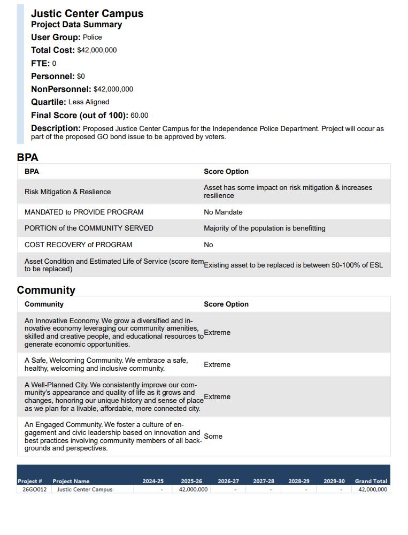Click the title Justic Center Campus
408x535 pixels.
pyautogui.click(x=87, y=13)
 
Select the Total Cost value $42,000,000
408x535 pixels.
pyautogui.click(x=97, y=50)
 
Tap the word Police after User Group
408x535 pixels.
pyautogui.click(x=92, y=37)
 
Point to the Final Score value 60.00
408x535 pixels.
pyautogui.click(x=139, y=116)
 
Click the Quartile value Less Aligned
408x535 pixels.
pyautogui.click(x=89, y=102)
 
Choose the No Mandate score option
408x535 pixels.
pyautogui.click(x=223, y=212)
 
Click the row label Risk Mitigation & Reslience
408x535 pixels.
pyautogui.click(x=67, y=192)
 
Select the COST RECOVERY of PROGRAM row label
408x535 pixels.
pyautogui.click(x=78, y=245)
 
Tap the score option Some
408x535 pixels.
pyautogui.click(x=213, y=437)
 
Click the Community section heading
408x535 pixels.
pyautogui.click(x=46, y=291)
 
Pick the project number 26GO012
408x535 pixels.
pyautogui.click(x=34, y=490)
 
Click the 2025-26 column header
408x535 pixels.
pyautogui.click(x=191, y=481)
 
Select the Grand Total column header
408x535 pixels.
pyautogui.click(x=371, y=481)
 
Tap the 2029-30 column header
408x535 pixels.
pyautogui.click(x=334, y=481)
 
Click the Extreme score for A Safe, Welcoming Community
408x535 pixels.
pyautogui.click(x=217, y=365)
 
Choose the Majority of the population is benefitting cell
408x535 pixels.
pyautogui.click(x=264, y=228)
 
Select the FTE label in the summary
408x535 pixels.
pyautogui.click(x=40, y=63)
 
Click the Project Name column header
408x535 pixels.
pyautogui.click(x=71, y=481)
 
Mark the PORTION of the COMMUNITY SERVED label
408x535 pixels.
pyautogui.click(x=89, y=228)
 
